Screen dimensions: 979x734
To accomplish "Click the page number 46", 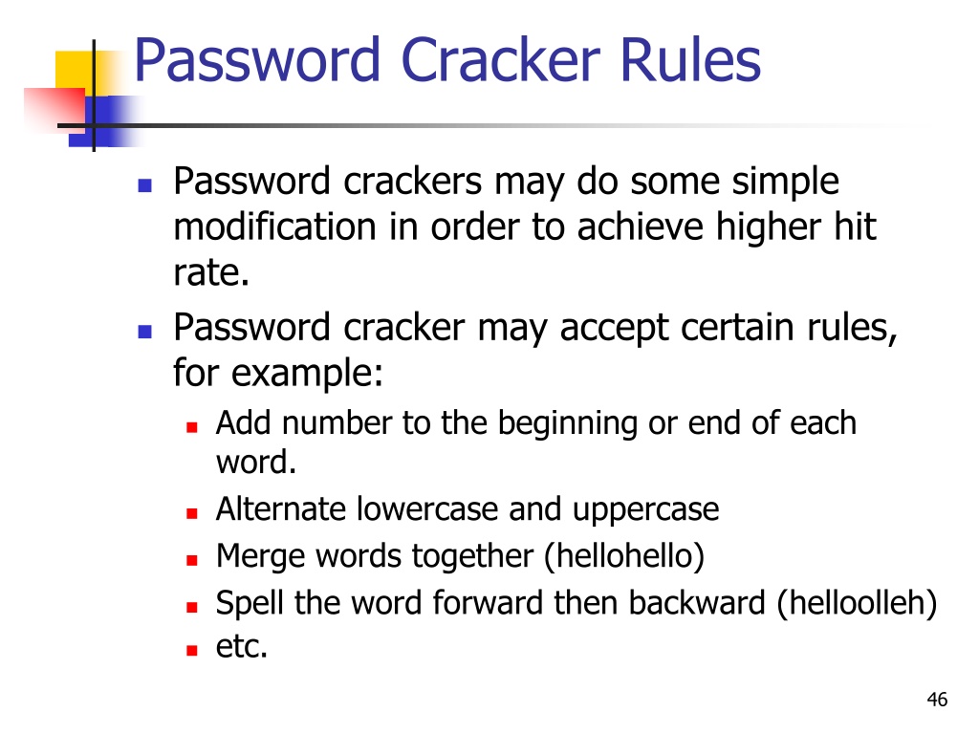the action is [937, 700].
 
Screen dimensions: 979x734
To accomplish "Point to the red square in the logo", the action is [54, 109].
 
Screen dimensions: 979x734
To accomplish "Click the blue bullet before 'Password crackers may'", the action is [145, 185].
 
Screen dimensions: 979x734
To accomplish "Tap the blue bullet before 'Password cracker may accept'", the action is [145, 332].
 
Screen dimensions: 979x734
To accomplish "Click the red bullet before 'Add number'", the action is [191, 427].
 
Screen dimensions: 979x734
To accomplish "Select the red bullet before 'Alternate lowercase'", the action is [191, 513].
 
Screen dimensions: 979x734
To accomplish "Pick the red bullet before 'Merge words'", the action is [191, 560].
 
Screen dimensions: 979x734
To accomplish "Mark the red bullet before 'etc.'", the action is [191, 650].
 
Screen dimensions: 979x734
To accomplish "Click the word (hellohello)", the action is [624, 556].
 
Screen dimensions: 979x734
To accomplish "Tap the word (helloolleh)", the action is [858, 603].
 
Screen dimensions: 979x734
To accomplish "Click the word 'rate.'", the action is [211, 272].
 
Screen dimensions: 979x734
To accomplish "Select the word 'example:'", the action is [307, 374].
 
